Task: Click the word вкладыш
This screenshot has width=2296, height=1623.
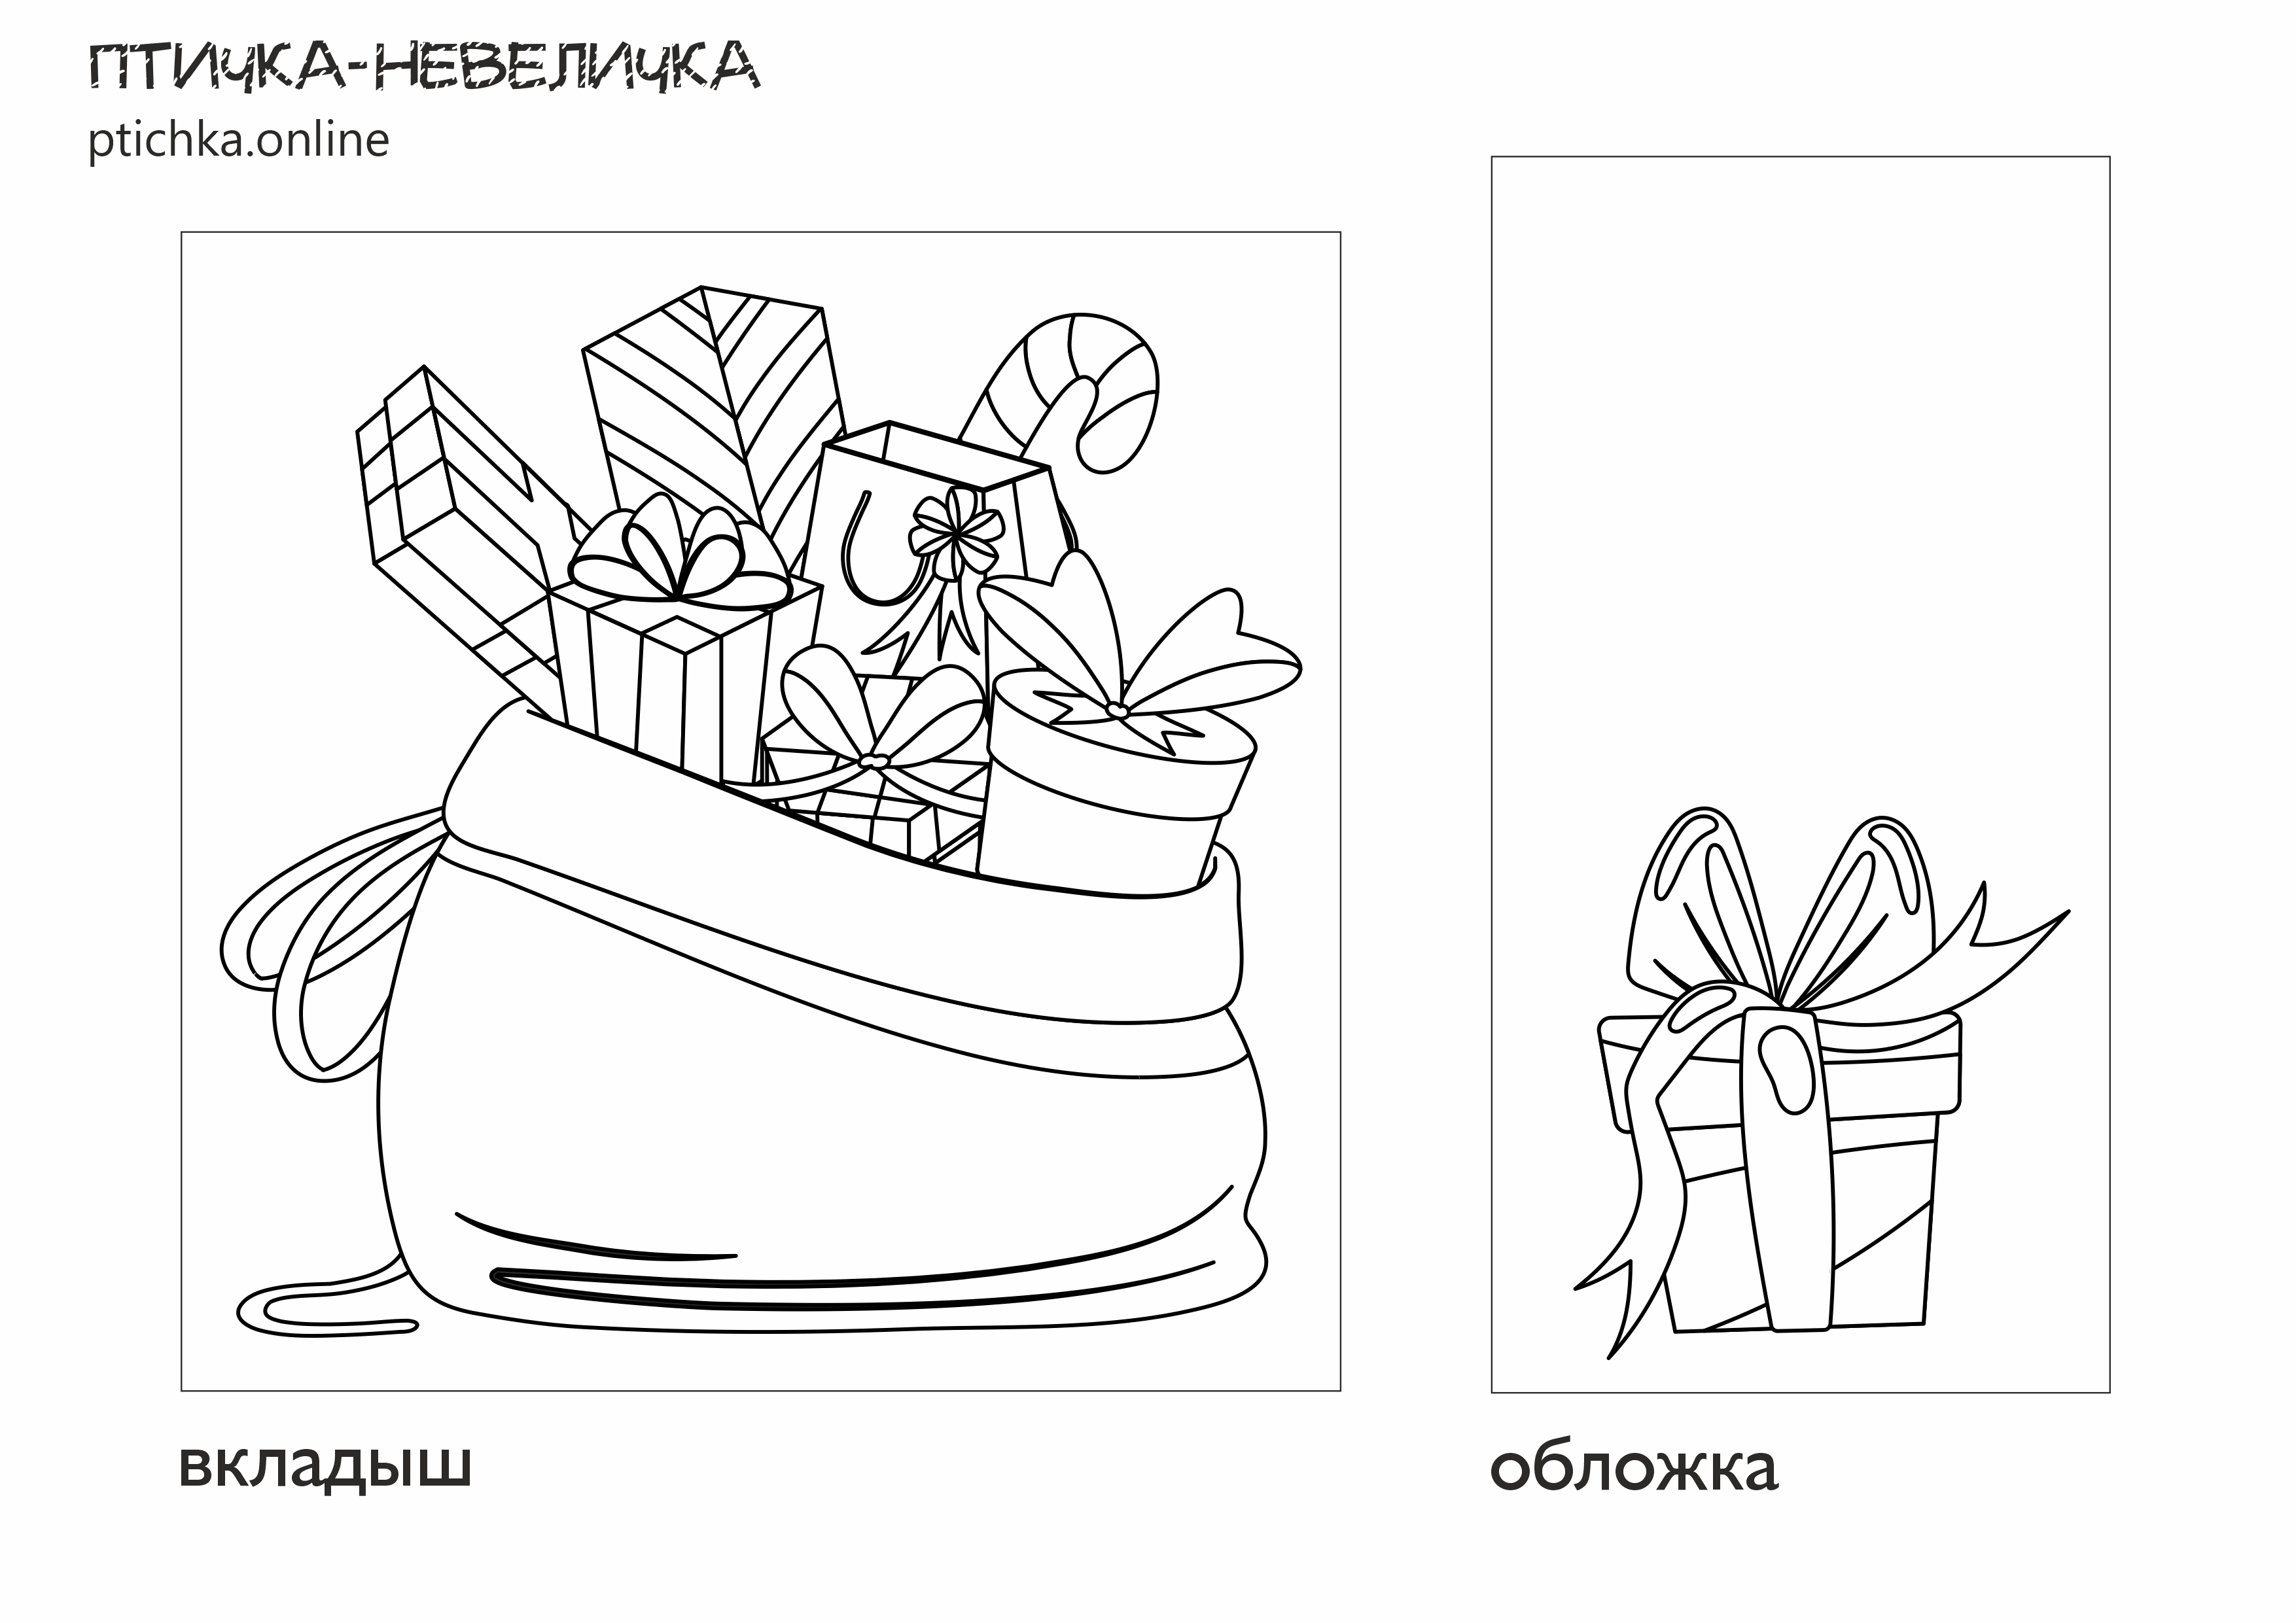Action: [325, 1467]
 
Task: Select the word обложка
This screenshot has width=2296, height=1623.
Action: [1634, 1467]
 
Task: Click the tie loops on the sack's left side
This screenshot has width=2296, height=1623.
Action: [330, 940]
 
